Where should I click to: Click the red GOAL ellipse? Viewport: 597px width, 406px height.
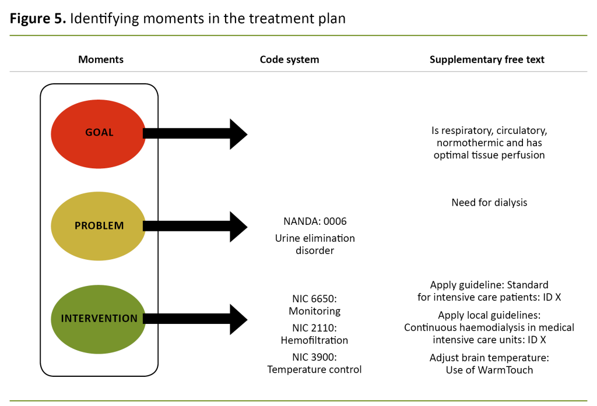click(98, 133)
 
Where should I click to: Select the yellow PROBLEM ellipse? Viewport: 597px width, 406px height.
click(98, 226)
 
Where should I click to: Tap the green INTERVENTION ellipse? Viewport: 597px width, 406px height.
click(98, 319)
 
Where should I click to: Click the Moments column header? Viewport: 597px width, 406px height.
click(101, 59)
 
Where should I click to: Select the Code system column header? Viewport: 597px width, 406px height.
click(289, 59)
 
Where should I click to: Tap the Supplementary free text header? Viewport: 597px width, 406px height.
click(487, 59)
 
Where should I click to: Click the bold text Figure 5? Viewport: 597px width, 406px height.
click(37, 18)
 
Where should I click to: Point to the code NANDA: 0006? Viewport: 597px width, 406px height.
click(315, 221)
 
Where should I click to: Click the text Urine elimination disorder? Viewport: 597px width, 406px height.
click(315, 244)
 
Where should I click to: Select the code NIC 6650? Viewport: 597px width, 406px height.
click(315, 299)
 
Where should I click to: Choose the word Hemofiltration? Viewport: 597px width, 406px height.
click(315, 340)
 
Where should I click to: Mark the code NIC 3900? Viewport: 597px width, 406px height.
click(315, 356)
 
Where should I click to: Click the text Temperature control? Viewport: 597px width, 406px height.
click(315, 369)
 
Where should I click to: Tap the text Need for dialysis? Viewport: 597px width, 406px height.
click(489, 203)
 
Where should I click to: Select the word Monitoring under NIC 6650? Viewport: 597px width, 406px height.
click(315, 311)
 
